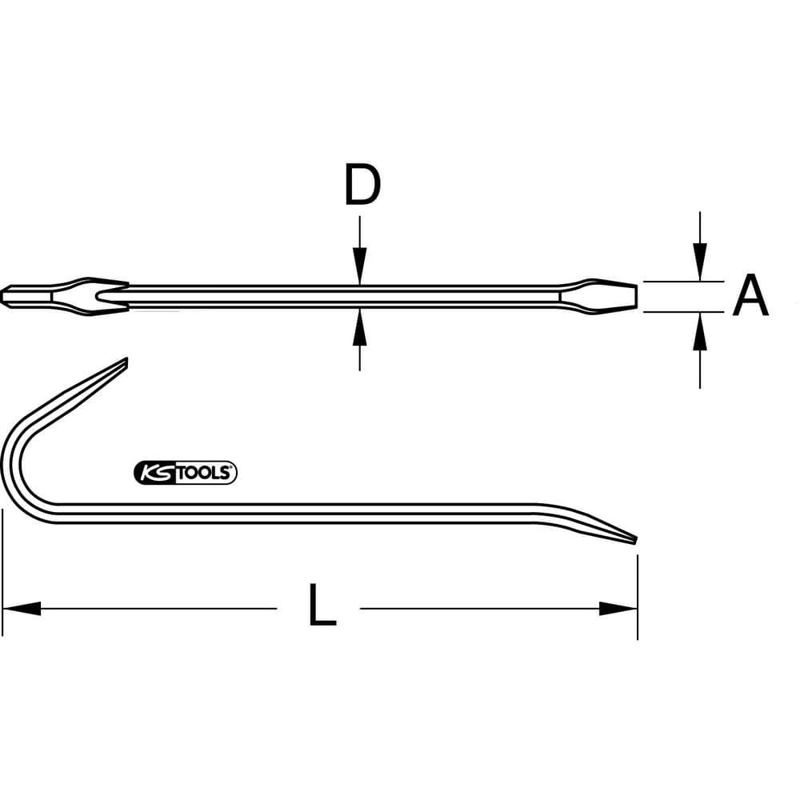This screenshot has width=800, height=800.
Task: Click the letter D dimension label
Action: [362, 184]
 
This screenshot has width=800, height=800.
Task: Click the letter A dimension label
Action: [750, 295]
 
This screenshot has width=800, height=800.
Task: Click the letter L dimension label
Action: [322, 605]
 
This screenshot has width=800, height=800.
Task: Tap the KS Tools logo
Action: [186, 473]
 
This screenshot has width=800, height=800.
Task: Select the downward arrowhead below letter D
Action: [360, 266]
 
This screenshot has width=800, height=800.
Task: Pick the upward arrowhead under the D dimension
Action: [360, 327]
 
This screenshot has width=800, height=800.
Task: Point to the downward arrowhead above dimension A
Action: [700, 262]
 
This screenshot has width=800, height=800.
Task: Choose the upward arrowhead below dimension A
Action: [700, 331]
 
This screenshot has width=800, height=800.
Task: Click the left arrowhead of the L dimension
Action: [22, 608]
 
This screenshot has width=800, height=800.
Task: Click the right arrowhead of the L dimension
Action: [618, 608]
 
